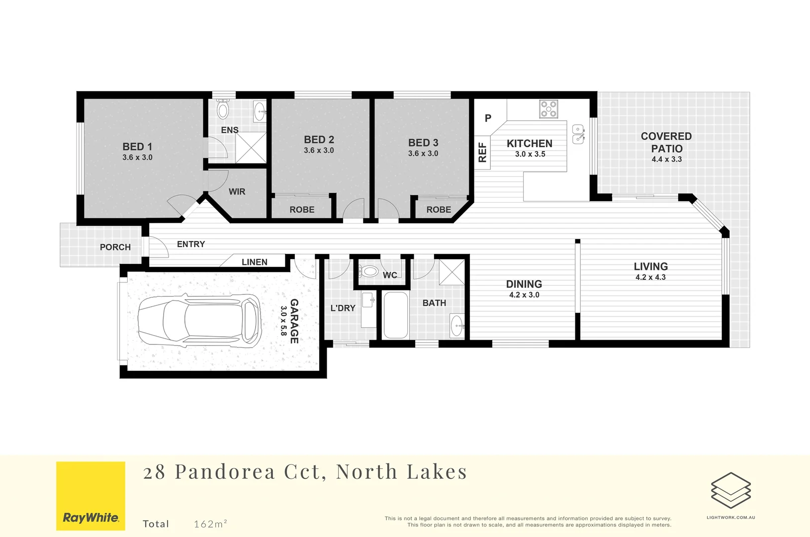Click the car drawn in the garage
199,320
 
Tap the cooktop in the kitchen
548,109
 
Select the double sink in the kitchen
578,134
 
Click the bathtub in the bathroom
396,315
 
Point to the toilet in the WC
369,271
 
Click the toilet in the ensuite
223,110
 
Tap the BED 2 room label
319,140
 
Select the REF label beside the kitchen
482,152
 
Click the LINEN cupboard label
254,262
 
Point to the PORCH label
115,247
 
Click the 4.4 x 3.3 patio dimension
666,160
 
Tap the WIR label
237,191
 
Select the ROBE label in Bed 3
439,210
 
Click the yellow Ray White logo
90,496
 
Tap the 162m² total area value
210,524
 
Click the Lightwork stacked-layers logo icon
730,490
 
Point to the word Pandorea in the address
225,472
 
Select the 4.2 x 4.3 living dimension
650,277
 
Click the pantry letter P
488,118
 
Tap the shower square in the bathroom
451,272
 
